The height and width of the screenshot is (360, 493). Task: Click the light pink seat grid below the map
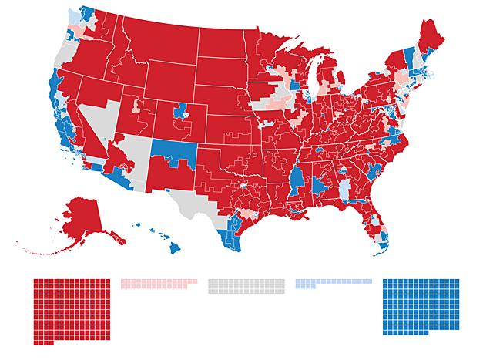click(158, 284)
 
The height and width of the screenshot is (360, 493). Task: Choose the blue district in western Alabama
click(319, 186)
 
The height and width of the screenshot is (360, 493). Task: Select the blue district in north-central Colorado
click(183, 113)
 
